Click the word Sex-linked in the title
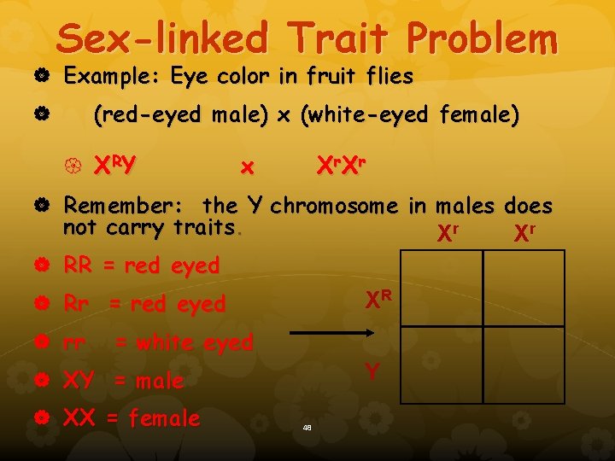[162, 38]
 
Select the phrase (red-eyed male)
[179, 115]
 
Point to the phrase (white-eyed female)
[409, 115]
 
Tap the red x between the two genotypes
[248, 167]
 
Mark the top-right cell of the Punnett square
[523, 288]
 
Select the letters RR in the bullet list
[79, 266]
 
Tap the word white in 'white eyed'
[165, 342]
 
